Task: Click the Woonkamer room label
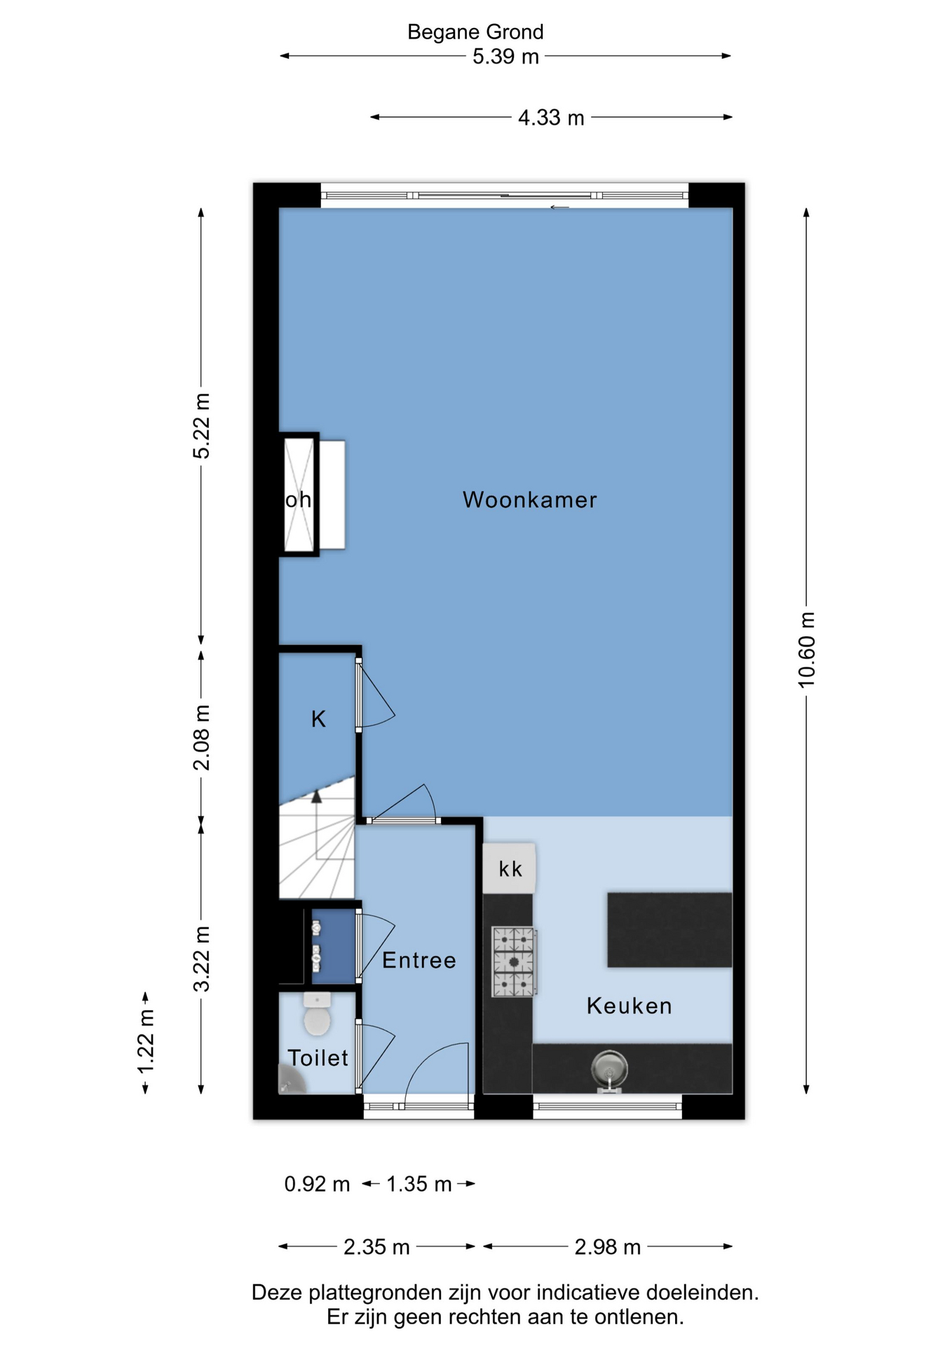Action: pyautogui.click(x=529, y=500)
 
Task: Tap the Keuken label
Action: pyautogui.click(x=629, y=1006)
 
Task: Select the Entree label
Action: pyautogui.click(x=419, y=960)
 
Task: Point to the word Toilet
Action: pyautogui.click(x=318, y=1058)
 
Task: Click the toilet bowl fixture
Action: pyautogui.click(x=317, y=1014)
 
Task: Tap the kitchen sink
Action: pyautogui.click(x=609, y=1070)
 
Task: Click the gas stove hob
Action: pyautogui.click(x=514, y=962)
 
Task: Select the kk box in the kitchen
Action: pyautogui.click(x=510, y=869)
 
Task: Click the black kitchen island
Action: pyautogui.click(x=669, y=930)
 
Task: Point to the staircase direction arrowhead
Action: pyautogui.click(x=317, y=796)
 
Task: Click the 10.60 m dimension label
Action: pyautogui.click(x=806, y=649)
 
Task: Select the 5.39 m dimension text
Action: pyautogui.click(x=505, y=56)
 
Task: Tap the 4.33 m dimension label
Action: pyautogui.click(x=551, y=117)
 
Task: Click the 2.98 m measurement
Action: pyautogui.click(x=608, y=1247)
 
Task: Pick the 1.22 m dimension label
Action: pyautogui.click(x=145, y=1041)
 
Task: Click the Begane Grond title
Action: pyautogui.click(x=475, y=32)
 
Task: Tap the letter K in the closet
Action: pyautogui.click(x=318, y=719)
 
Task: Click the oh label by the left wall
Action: pyautogui.click(x=298, y=500)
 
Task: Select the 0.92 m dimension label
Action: pyautogui.click(x=317, y=1184)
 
